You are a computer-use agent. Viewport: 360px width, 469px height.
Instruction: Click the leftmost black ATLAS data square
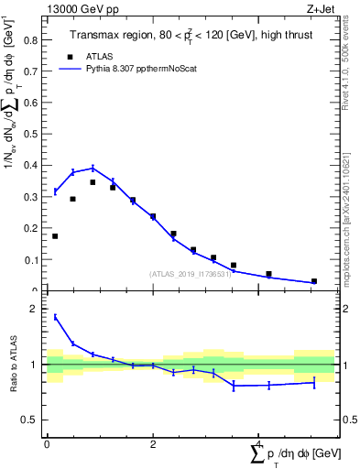(55, 236)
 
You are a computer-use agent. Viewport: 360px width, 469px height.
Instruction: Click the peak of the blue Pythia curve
(93, 168)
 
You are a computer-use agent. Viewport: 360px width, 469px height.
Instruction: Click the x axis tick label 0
(47, 443)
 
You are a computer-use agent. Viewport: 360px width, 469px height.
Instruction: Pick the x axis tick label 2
(153, 443)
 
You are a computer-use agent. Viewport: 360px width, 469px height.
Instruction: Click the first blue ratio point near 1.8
(55, 317)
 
